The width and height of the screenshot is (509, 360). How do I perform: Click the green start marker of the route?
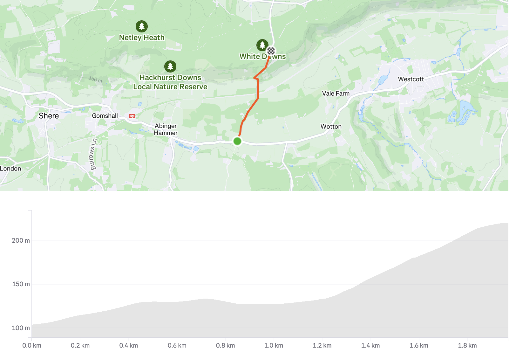pos(237,141)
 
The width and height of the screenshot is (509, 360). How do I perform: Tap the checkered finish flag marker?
pos(271,51)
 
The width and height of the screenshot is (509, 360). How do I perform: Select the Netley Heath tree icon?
pos(142,26)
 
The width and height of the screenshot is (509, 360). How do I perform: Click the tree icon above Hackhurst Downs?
pos(170,66)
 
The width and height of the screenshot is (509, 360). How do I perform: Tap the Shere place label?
pos(49,116)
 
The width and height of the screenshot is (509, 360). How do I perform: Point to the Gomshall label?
pos(105,116)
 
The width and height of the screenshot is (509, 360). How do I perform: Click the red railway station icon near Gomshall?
pos(132,116)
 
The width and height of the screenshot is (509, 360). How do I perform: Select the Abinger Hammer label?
pos(166,129)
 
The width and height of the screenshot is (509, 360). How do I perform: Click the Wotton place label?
pos(331,127)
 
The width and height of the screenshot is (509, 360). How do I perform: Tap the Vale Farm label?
pos(336,93)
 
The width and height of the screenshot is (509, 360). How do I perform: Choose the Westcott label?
pos(411,79)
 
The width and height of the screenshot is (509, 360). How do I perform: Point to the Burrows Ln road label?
pos(93,154)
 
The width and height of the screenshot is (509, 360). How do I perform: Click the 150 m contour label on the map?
pos(95,79)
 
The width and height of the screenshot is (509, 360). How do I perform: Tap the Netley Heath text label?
pos(142,38)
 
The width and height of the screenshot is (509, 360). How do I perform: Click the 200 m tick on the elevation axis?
pos(21,240)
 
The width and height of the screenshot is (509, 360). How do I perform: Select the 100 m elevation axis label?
pos(21,328)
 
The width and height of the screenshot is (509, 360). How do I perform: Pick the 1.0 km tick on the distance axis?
pos(274,345)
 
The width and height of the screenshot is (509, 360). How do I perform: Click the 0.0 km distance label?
pos(32,345)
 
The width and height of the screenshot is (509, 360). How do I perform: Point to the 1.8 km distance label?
pos(467,345)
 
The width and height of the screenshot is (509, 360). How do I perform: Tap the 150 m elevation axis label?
pos(21,284)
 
